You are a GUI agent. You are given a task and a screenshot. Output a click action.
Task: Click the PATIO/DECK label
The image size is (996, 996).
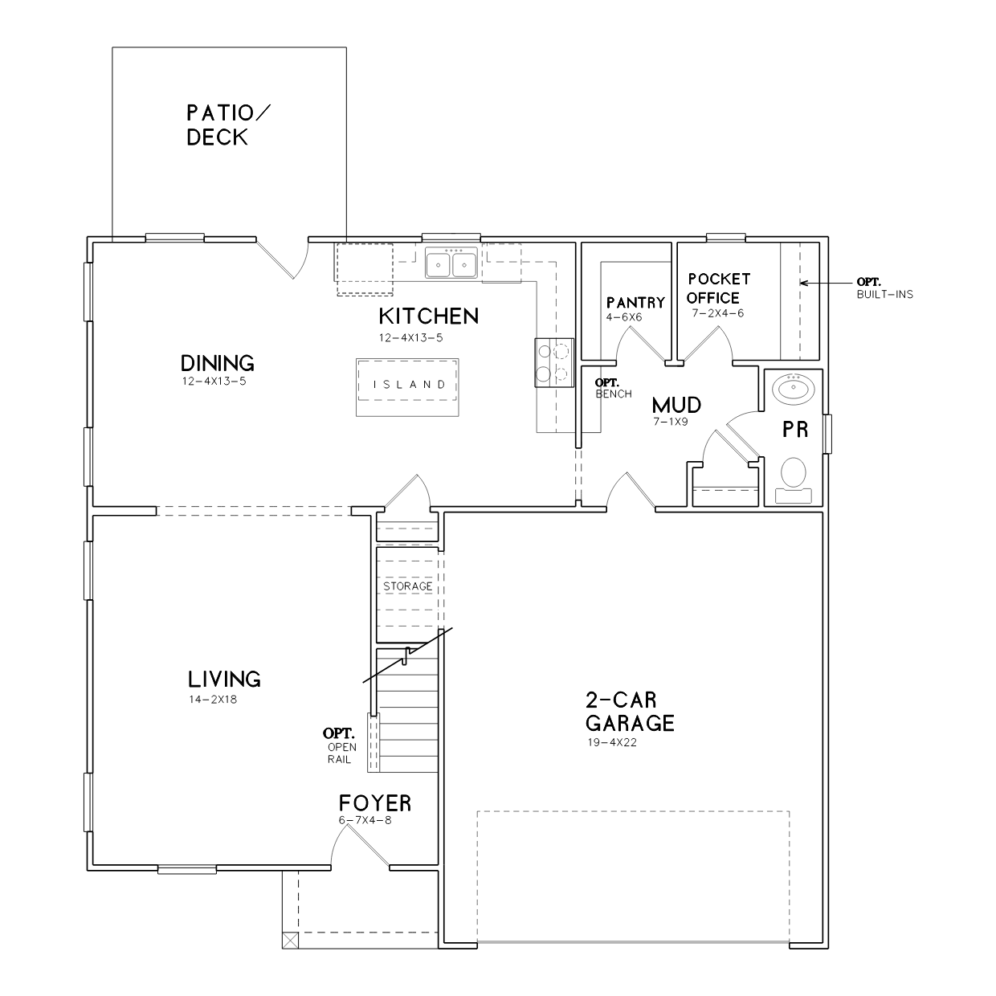pyautogui.click(x=228, y=125)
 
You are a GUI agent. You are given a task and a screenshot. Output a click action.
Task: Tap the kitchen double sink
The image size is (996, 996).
pyautogui.click(x=451, y=263)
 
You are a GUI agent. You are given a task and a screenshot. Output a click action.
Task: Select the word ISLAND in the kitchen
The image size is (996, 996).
pyautogui.click(x=410, y=385)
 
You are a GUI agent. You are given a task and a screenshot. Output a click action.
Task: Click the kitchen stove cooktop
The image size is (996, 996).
pyautogui.click(x=554, y=362)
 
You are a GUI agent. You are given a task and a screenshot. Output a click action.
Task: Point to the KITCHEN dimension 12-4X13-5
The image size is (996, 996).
pyautogui.click(x=411, y=338)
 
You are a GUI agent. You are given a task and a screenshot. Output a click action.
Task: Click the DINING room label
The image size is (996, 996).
pyautogui.click(x=217, y=363)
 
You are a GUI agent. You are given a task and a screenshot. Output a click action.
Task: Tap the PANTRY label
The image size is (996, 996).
pyautogui.click(x=635, y=302)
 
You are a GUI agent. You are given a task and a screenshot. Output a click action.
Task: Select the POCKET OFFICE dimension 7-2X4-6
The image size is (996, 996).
pyautogui.click(x=718, y=313)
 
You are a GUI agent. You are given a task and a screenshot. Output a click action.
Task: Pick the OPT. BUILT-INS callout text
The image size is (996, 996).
pyautogui.click(x=884, y=288)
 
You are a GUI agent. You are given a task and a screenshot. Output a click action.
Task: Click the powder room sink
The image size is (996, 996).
pyautogui.click(x=794, y=388)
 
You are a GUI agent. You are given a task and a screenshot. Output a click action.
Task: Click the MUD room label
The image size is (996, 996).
pyautogui.click(x=676, y=405)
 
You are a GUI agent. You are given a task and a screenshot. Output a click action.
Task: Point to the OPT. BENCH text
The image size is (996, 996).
pyautogui.click(x=613, y=388)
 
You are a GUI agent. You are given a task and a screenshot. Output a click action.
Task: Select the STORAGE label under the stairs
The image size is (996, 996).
pyautogui.click(x=407, y=586)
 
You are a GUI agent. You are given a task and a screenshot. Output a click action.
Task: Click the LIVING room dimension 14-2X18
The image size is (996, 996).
pyautogui.click(x=213, y=700)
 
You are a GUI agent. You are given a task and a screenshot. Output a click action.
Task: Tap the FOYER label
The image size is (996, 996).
pyautogui.click(x=375, y=803)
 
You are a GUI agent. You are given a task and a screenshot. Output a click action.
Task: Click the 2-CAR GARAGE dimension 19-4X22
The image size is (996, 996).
pyautogui.click(x=612, y=743)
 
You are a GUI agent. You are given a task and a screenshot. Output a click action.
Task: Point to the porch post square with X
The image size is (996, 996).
pyautogui.click(x=291, y=941)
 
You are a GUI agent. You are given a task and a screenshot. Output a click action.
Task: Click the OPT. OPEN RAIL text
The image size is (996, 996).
pyautogui.click(x=340, y=746)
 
